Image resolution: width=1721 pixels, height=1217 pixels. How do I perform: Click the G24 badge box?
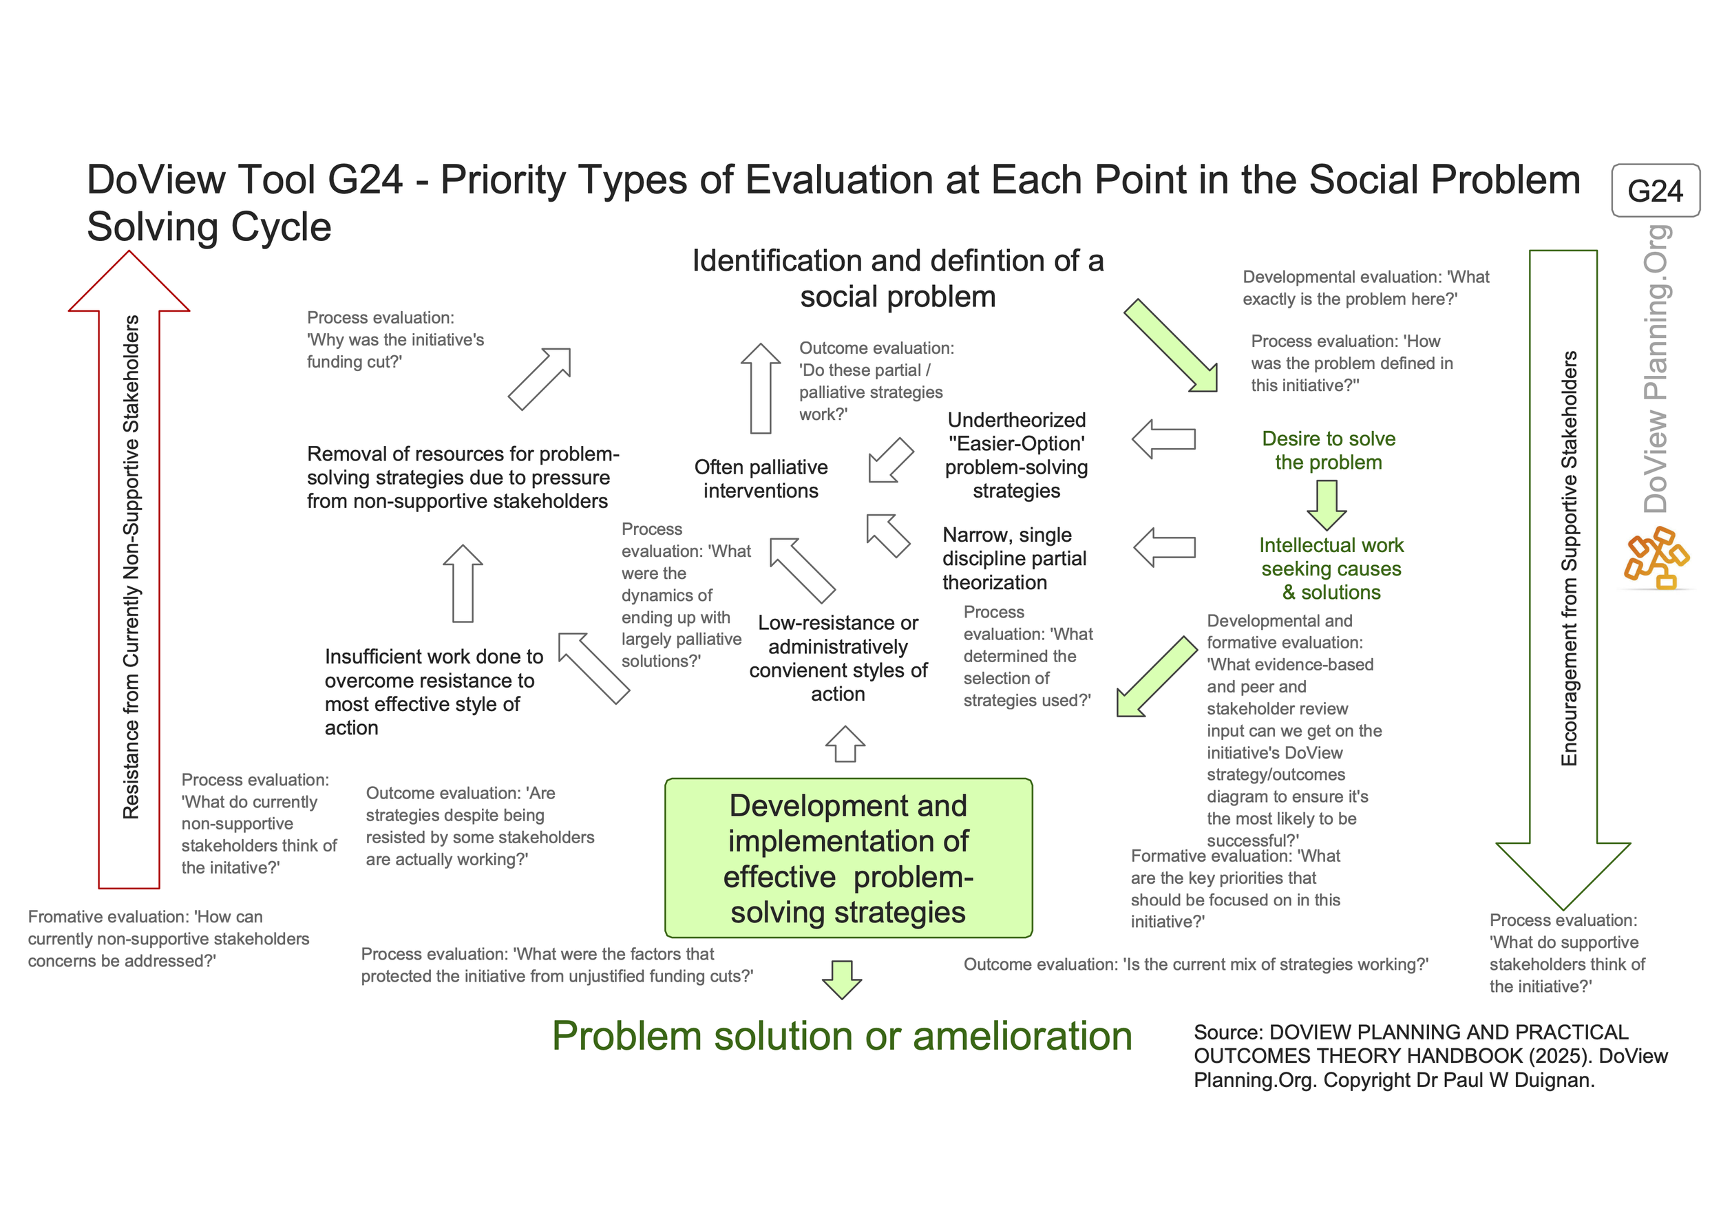(x=1655, y=191)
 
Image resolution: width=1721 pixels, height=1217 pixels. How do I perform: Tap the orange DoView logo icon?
(x=1656, y=558)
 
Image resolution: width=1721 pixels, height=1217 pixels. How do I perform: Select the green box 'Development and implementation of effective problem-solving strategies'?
(x=849, y=858)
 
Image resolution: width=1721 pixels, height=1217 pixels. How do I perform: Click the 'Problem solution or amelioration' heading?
(x=842, y=1036)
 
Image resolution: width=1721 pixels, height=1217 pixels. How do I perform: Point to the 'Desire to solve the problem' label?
(x=1328, y=450)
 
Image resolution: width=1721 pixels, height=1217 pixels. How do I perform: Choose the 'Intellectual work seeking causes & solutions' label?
(x=1331, y=569)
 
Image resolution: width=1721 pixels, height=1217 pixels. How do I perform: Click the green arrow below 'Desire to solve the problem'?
(x=1327, y=505)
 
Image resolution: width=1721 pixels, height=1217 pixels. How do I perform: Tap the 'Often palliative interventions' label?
(x=761, y=479)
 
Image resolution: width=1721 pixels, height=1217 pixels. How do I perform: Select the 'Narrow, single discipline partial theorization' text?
(x=1014, y=558)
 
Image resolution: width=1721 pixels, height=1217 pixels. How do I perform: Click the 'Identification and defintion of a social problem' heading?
(x=897, y=278)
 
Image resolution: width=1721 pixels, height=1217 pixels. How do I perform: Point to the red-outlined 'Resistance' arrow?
(x=129, y=569)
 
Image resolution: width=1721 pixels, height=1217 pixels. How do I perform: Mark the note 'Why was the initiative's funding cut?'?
(x=395, y=339)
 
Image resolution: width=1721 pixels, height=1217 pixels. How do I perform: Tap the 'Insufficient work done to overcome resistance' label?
(x=433, y=692)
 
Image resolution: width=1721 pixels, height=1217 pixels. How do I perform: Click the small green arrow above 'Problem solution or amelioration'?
(x=842, y=980)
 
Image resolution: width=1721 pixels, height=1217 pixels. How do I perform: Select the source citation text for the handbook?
(x=1430, y=1056)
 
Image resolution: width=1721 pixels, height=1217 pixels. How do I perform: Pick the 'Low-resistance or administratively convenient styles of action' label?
(x=838, y=658)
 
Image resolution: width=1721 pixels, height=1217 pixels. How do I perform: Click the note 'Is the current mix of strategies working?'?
(x=1196, y=964)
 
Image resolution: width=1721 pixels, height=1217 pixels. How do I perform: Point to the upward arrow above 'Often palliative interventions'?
(x=761, y=388)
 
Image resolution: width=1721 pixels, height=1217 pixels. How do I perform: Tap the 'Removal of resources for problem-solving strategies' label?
(x=463, y=477)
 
